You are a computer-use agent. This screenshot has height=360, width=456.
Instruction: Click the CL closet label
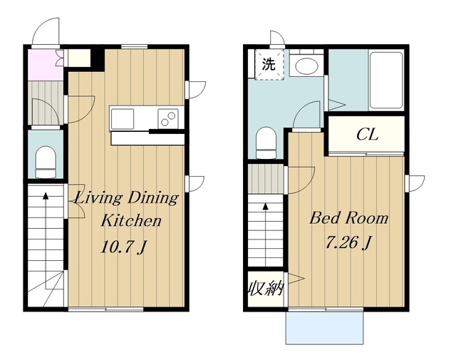point(368,135)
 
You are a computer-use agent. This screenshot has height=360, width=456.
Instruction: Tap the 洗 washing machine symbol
point(269,64)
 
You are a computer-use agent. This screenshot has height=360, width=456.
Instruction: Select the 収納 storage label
point(266,289)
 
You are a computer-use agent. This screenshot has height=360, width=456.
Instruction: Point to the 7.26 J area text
point(348,242)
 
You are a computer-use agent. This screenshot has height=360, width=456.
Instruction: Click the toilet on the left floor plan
point(46,162)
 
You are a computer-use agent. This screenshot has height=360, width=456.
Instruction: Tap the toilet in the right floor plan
point(266,143)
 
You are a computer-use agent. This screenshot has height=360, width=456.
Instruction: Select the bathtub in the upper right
point(386,81)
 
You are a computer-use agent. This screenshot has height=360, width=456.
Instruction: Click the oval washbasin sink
point(306,66)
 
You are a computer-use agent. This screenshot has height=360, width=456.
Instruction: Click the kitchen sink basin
point(123,119)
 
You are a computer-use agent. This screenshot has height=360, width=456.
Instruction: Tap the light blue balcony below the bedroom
point(325,328)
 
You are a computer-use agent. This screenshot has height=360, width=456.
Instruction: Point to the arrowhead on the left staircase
point(46,195)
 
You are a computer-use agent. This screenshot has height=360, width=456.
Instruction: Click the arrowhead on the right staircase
point(266,206)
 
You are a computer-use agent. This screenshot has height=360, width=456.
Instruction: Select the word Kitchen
point(131,220)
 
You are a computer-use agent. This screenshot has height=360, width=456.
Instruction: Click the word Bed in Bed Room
point(323,217)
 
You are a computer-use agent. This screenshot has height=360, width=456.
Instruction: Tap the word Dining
point(153,199)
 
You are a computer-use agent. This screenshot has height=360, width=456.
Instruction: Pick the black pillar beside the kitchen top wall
point(98,60)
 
